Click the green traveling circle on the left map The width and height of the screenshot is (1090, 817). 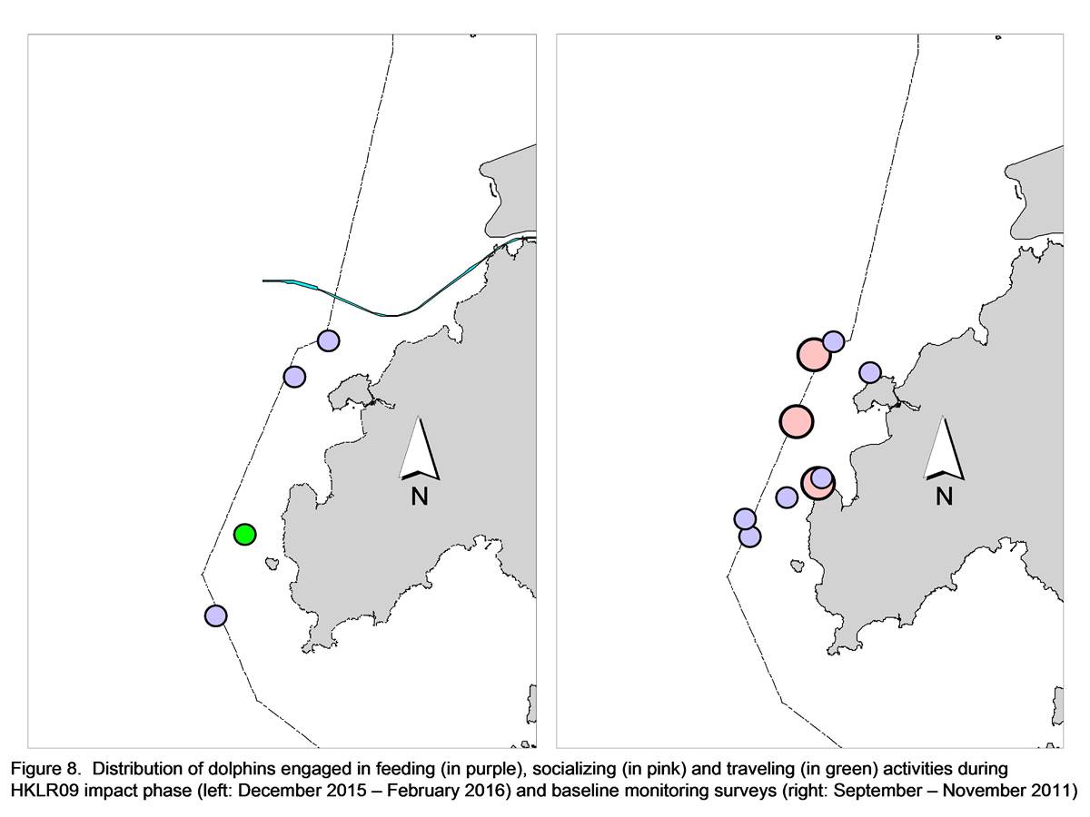coord(245,535)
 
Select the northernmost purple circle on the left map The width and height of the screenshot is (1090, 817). coord(328,340)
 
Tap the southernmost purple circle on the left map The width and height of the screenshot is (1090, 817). coord(216,615)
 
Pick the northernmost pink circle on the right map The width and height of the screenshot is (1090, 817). coord(814,354)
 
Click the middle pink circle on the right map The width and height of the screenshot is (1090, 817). coord(796,421)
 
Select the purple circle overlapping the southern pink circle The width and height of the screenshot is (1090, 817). coord(822,477)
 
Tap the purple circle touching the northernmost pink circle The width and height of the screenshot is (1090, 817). coord(833,341)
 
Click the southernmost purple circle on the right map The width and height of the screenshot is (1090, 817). coord(750,536)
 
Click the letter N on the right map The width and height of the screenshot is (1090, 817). coord(944,496)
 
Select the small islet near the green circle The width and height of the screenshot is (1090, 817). coord(271,563)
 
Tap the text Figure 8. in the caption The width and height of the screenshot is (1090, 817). coord(45,770)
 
